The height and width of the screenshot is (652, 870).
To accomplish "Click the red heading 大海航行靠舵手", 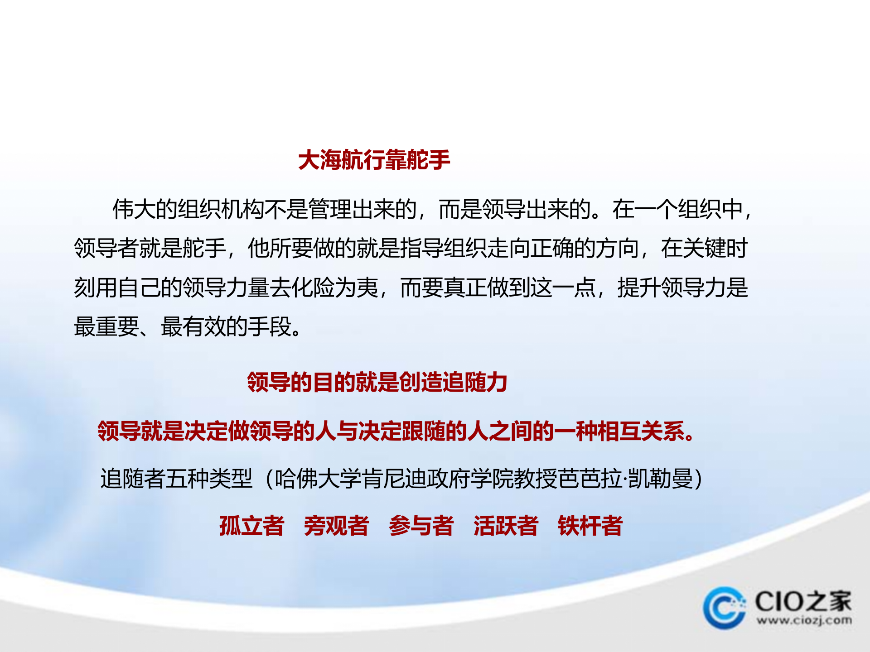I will (x=374, y=160).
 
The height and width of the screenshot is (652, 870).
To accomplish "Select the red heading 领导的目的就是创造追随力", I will (x=377, y=382).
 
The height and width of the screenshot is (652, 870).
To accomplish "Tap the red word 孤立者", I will (x=251, y=526).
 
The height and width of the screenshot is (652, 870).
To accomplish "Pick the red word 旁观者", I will (x=336, y=526).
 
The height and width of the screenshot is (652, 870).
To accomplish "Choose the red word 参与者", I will (x=421, y=526).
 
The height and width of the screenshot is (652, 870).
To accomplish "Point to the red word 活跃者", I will (x=506, y=526).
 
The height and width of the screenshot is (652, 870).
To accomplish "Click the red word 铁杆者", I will (x=590, y=526).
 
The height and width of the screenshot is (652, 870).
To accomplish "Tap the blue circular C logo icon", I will (x=725, y=608).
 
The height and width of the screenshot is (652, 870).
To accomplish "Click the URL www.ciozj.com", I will (x=804, y=620).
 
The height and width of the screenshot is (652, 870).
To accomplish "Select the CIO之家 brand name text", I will (x=803, y=601).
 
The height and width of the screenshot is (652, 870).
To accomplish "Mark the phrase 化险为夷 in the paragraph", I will (x=335, y=288).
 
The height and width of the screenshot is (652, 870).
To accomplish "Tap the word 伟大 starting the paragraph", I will (x=134, y=210).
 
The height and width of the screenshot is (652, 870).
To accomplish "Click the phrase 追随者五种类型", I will (x=176, y=479).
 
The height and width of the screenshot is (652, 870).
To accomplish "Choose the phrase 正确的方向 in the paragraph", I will (x=585, y=249).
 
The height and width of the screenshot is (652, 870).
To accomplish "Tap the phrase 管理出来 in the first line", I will (x=352, y=210).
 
